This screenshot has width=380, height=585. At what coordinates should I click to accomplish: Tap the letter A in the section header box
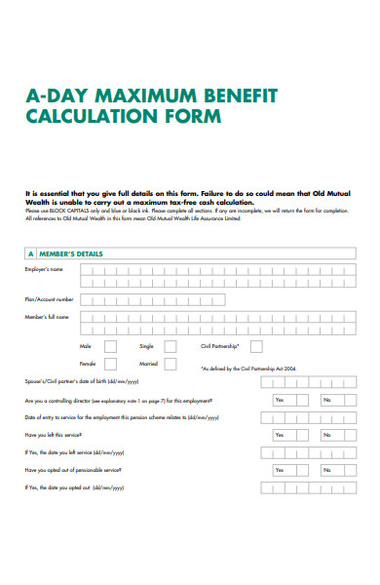coord(30,254)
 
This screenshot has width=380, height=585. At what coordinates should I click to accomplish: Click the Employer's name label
coord(44,269)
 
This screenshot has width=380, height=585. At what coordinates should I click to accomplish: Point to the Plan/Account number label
coord(49,299)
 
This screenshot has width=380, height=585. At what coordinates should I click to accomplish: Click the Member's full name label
coord(47,318)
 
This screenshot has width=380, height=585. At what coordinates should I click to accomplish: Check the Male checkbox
coord(110,346)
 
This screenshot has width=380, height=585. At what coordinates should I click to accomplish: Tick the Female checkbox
coord(110,366)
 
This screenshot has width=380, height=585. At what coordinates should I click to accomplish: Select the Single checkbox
coord(171,346)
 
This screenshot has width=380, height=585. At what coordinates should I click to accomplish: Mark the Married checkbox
coord(171,366)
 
